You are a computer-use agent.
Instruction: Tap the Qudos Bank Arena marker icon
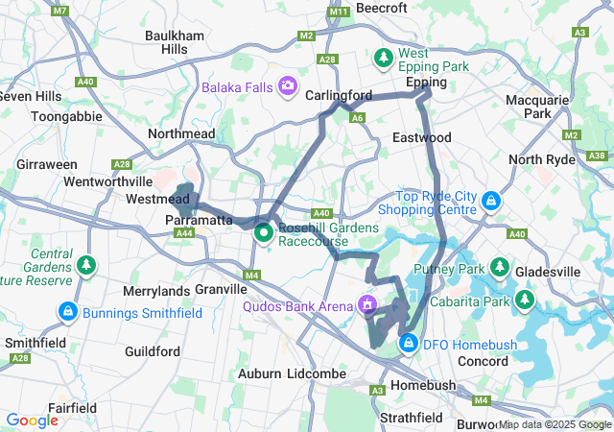pyautogui.click(x=366, y=305)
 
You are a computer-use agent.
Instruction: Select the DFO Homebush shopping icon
pyautogui.click(x=409, y=342)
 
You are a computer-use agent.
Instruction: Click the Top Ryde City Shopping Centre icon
pyautogui.click(x=491, y=201)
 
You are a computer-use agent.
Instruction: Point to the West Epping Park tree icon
pyautogui.click(x=384, y=59)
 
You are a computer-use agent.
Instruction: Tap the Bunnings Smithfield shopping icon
pyautogui.click(x=68, y=312)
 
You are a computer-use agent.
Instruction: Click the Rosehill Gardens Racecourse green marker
pyautogui.click(x=263, y=233)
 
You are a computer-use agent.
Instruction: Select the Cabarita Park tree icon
pyautogui.click(x=524, y=301)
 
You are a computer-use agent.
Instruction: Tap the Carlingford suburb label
pyautogui.click(x=339, y=96)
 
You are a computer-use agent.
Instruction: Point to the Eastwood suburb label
pyautogui.click(x=421, y=138)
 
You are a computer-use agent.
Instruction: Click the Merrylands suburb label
pyautogui.click(x=157, y=290)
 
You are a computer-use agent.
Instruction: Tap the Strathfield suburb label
pyautogui.click(x=410, y=418)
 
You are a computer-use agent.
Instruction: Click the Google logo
pyautogui.click(x=33, y=420)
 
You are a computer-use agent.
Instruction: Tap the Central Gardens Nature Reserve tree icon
pyautogui.click(x=87, y=263)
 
